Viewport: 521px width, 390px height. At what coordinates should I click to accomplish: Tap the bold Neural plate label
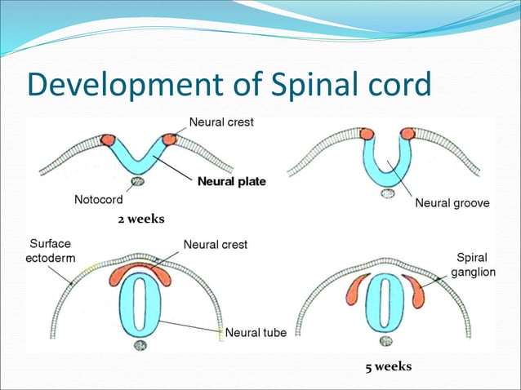231,181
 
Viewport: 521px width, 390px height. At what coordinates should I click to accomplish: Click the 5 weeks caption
388,366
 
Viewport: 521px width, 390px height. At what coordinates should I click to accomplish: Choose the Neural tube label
255,332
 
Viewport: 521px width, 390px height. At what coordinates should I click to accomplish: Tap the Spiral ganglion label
474,264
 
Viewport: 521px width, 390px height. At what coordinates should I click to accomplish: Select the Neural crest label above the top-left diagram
221,122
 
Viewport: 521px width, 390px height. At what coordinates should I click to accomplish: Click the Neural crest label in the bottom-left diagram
216,244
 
